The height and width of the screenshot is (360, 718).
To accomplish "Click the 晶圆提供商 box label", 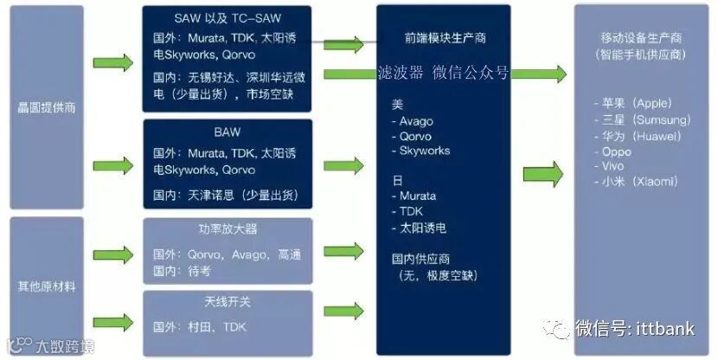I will tap(47, 109).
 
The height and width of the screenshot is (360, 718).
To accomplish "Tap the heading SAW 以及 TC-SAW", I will tap(228, 18).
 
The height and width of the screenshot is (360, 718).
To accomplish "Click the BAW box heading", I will tap(228, 132).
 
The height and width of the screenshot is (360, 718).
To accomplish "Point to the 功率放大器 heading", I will tap(228, 229).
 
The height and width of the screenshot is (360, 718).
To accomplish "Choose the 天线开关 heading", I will tap(228, 301).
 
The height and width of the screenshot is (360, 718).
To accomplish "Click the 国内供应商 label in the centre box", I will tap(420, 258).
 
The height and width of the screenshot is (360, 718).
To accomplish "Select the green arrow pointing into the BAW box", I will tap(112, 164).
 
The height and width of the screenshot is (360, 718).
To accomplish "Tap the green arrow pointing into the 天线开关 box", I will tap(112, 321).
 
